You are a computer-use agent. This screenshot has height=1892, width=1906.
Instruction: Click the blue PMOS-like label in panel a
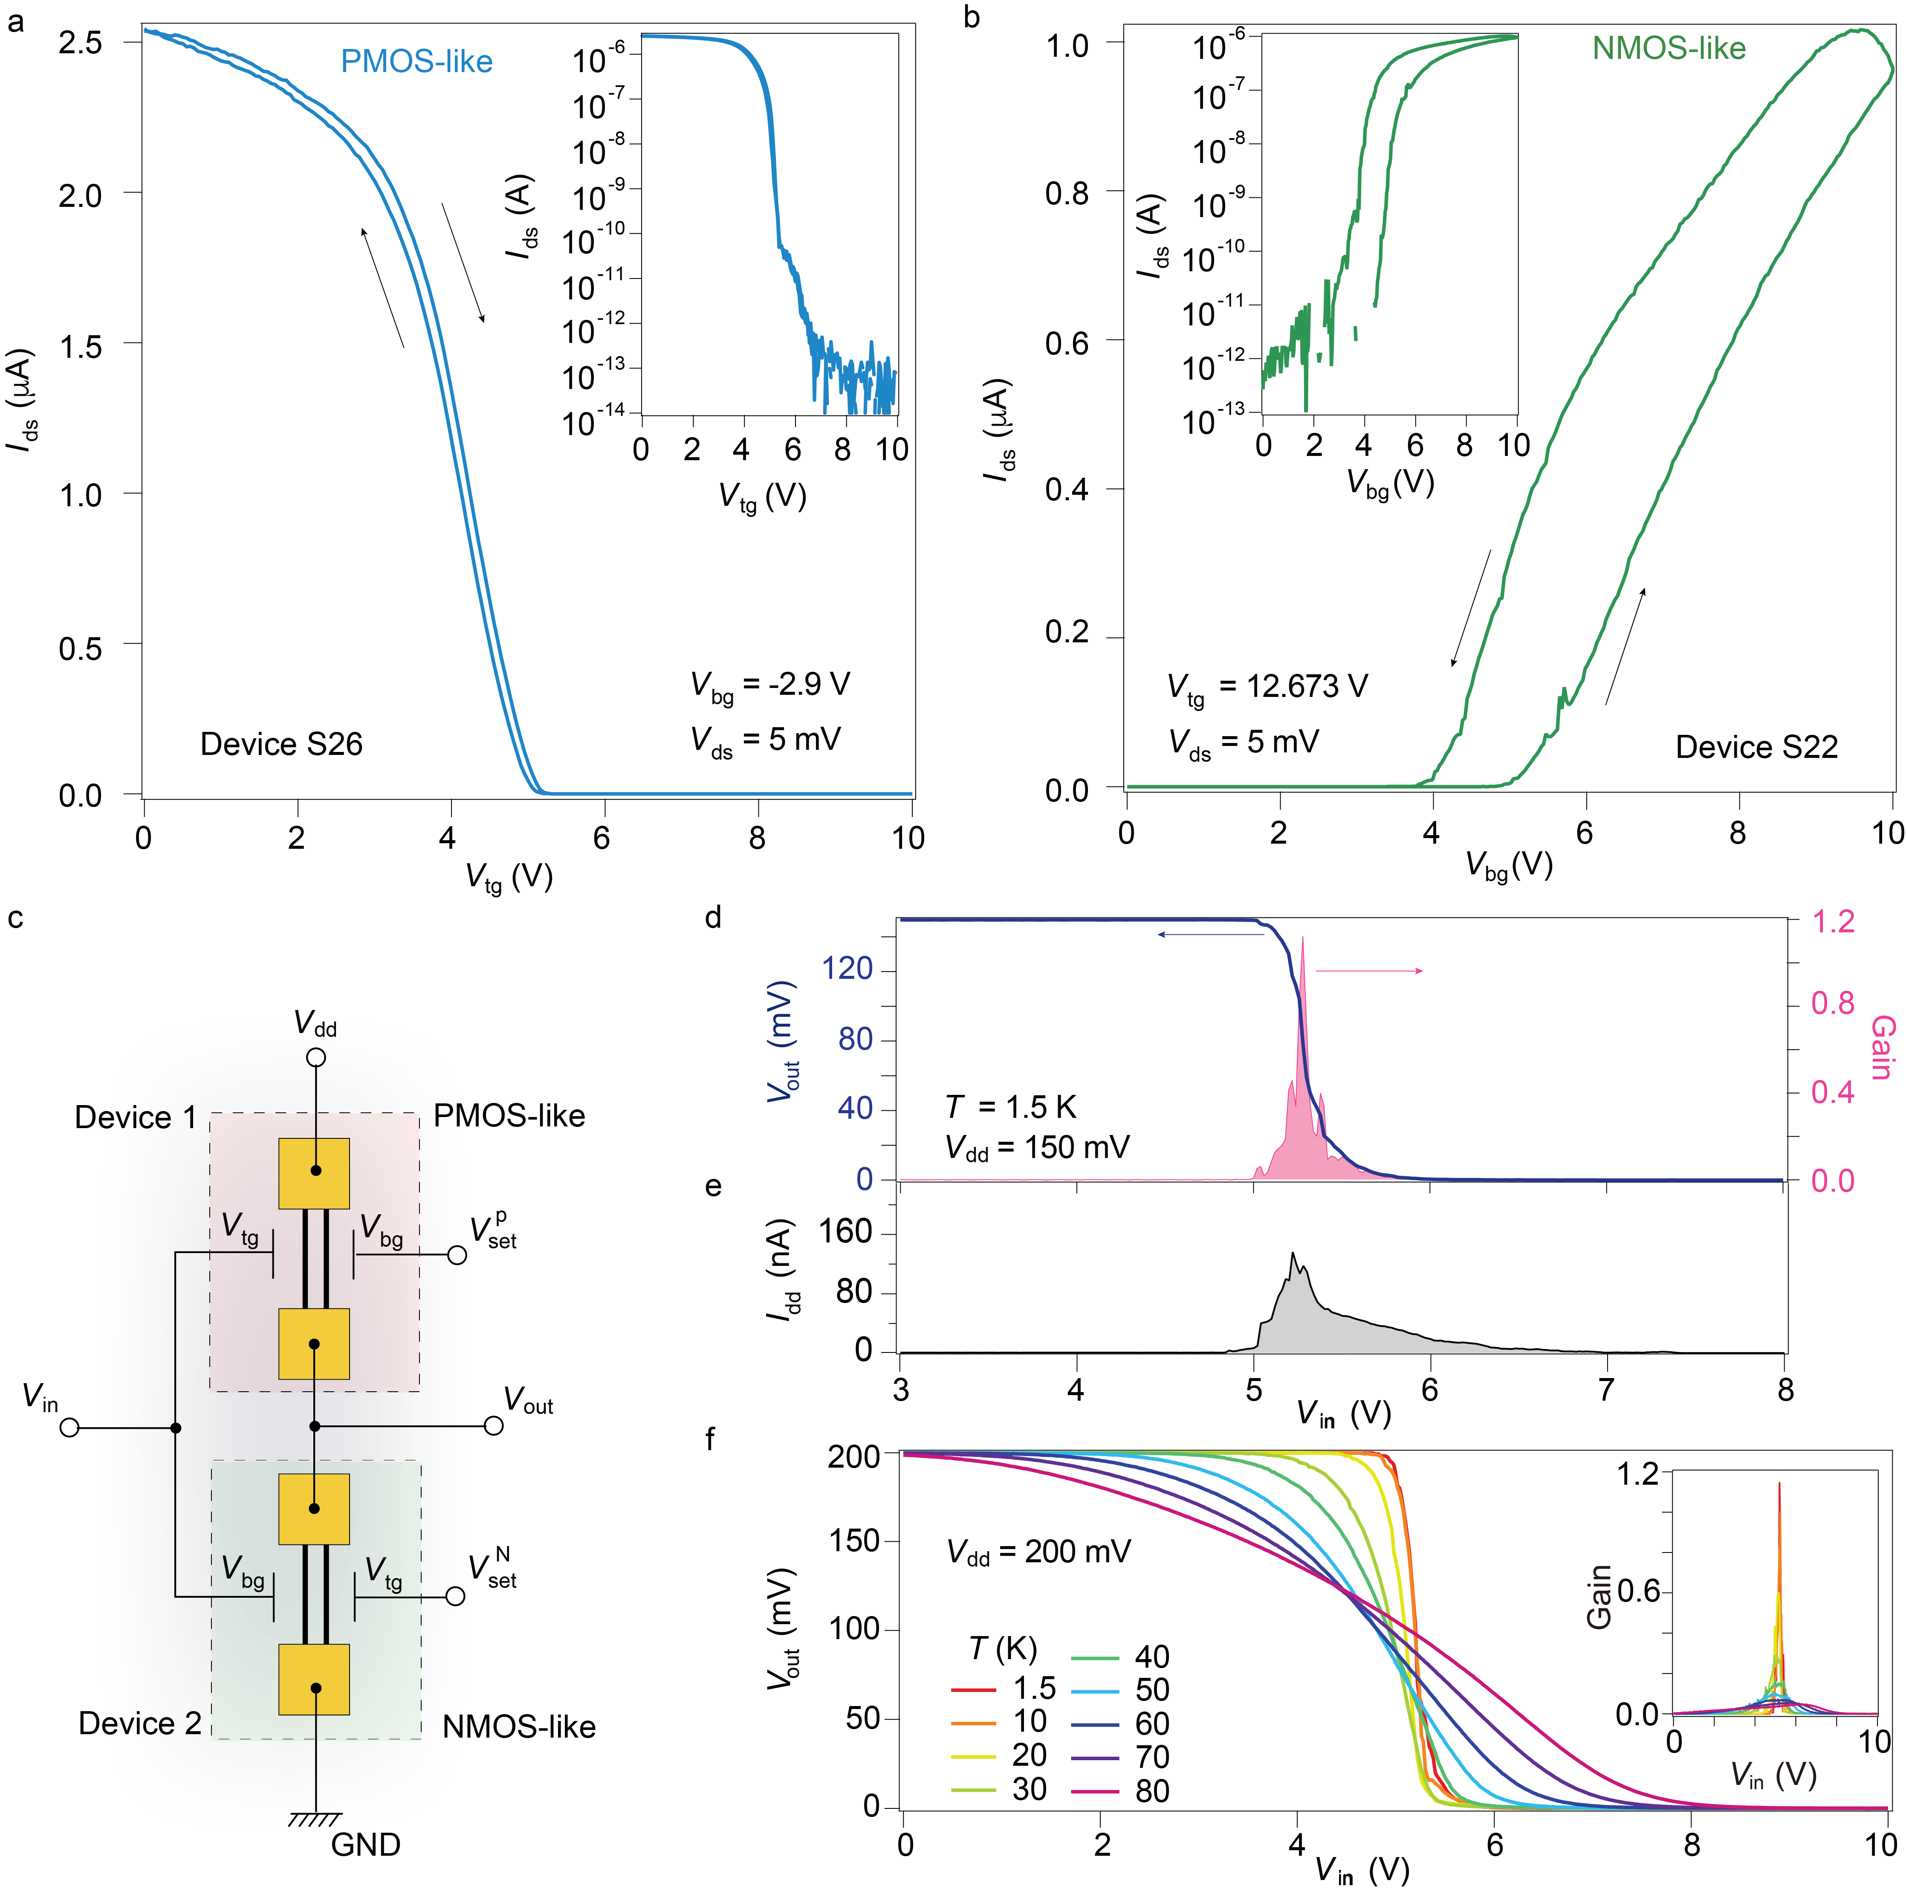click(416, 61)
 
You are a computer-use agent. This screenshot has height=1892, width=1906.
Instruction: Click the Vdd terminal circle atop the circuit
click(316, 1057)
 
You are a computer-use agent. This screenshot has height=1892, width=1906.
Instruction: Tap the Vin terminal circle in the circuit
click(69, 1427)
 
